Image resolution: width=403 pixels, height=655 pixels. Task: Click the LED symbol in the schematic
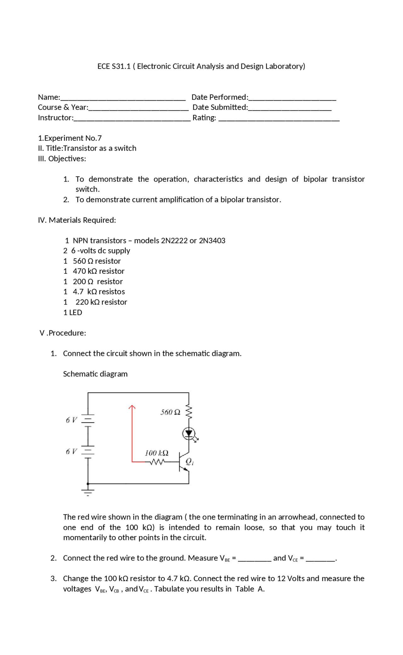tap(189, 434)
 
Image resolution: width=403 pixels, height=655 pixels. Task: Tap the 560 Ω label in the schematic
tap(170, 412)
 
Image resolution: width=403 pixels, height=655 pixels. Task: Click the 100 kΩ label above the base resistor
tap(156, 453)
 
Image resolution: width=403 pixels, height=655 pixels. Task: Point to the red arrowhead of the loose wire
tap(132, 407)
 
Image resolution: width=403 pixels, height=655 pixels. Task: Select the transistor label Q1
tap(190, 462)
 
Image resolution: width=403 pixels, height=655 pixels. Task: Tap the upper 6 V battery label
tap(71, 420)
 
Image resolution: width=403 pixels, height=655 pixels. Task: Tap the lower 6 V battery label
tap(71, 451)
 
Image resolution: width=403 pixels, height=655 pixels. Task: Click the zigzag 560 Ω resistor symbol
tap(189, 411)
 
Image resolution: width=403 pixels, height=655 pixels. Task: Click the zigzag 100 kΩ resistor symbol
tap(157, 462)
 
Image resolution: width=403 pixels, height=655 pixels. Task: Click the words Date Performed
tap(219, 97)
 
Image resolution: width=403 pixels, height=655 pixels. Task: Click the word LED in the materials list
tap(76, 312)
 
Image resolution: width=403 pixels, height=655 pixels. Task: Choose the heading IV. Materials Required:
tap(77, 220)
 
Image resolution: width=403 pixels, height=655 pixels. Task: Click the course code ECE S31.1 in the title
tap(114, 66)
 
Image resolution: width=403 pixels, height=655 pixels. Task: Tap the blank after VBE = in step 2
tap(254, 558)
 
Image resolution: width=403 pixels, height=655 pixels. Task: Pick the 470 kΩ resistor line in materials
tap(98, 271)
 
